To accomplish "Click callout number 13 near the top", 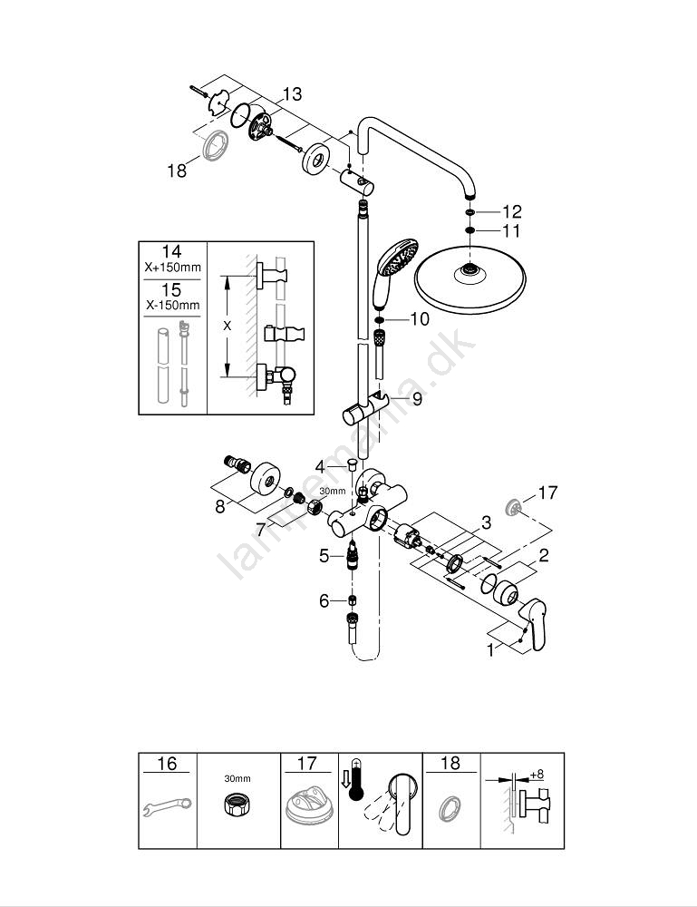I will [292, 94].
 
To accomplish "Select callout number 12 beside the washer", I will [512, 211].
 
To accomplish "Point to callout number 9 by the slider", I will [417, 397].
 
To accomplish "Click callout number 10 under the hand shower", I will [419, 318].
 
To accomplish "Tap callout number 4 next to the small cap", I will [319, 466].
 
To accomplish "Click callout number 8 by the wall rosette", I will [219, 507].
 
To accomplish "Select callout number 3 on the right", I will [486, 523].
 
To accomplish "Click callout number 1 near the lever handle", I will [490, 649].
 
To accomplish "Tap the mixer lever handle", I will [530, 625].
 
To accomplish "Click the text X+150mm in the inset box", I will [171, 268].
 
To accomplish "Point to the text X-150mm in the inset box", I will [171, 306].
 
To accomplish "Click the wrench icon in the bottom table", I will [168, 803].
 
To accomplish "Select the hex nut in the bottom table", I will [238, 804].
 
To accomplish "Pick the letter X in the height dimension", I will [227, 324].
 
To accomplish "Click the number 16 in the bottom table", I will [167, 764].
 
